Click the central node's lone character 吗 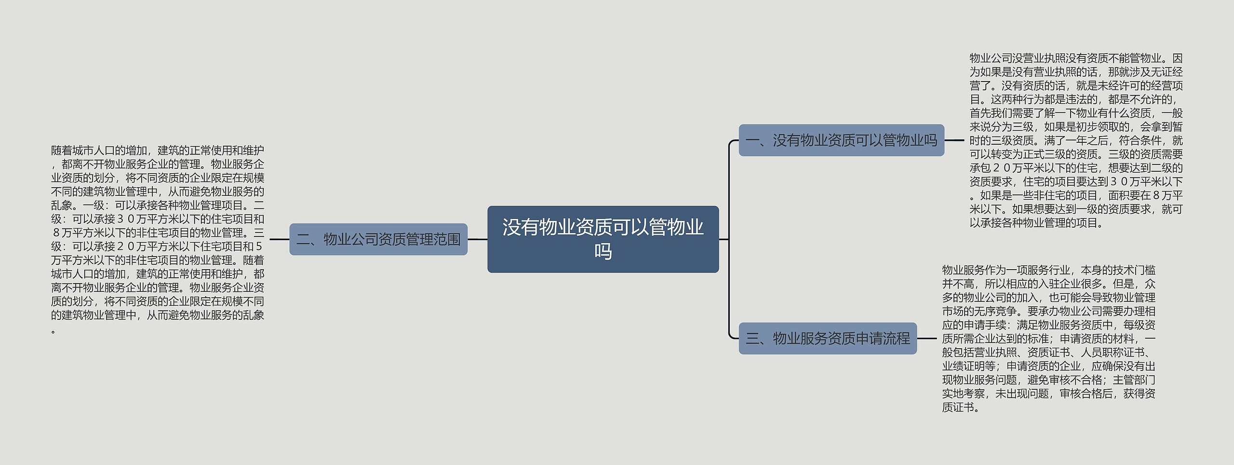click(603, 252)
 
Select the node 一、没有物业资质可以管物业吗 click(841, 140)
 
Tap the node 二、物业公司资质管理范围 click(378, 239)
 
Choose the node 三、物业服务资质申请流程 click(828, 339)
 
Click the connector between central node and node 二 click(477, 239)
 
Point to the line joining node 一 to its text click(954, 140)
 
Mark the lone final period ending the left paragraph click(54, 331)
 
